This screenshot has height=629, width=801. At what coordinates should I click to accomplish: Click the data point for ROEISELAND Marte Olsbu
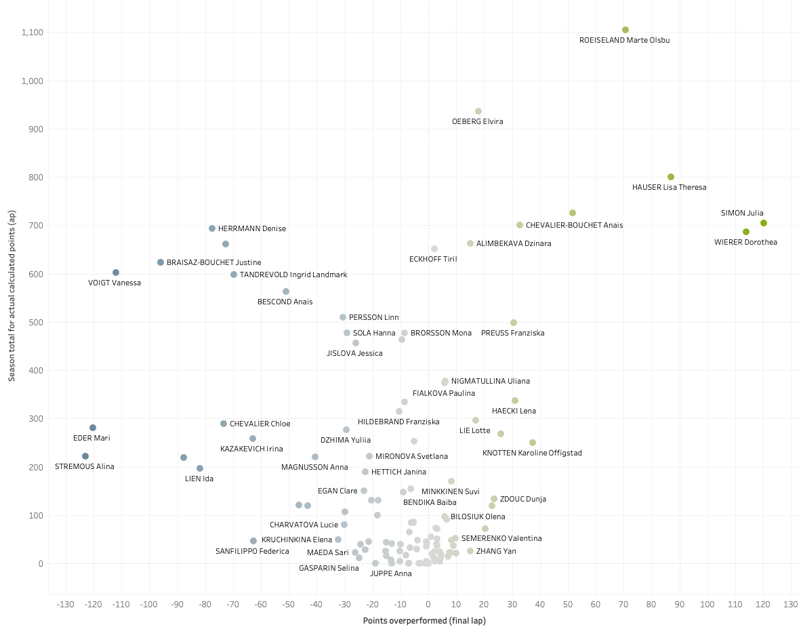(625, 30)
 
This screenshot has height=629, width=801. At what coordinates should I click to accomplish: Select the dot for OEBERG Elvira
(478, 111)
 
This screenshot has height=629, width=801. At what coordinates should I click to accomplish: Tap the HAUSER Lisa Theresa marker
(671, 177)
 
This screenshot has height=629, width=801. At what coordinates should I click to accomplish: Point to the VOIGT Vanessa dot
(116, 272)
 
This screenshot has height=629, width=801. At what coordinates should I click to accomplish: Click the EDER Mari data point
(93, 428)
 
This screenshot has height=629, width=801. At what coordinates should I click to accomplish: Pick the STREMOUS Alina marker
(85, 456)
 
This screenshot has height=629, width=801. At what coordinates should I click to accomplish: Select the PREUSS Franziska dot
(514, 323)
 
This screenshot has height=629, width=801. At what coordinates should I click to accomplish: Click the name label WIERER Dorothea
(745, 242)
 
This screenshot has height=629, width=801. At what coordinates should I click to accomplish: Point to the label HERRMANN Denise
(252, 229)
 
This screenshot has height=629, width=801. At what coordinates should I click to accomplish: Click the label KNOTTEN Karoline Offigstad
(532, 453)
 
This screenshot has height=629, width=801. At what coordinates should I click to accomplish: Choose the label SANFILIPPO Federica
(252, 551)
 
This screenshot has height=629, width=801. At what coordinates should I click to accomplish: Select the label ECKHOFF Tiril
(433, 259)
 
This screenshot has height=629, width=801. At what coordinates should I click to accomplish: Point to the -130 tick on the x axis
(66, 604)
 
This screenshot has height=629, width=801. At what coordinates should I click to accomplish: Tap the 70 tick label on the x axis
(623, 604)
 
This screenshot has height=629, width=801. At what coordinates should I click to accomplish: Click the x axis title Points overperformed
(424, 620)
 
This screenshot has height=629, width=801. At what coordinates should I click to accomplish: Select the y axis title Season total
(12, 295)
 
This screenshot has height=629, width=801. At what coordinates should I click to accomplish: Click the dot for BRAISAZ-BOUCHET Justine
(161, 262)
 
